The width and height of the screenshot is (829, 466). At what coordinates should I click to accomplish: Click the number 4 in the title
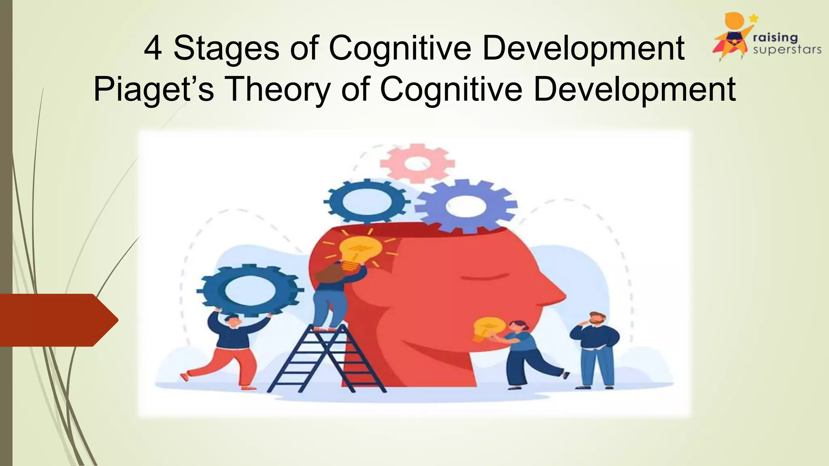153,49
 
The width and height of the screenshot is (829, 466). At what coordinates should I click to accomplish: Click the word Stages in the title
226,49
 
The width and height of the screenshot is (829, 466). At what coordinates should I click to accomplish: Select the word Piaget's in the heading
153,90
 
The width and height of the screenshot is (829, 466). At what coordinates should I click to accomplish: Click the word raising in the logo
775,38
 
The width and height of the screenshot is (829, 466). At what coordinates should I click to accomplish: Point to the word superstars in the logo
787,50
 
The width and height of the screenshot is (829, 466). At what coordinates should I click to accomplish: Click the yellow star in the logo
754,18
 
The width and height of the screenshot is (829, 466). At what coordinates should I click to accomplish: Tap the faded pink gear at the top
417,164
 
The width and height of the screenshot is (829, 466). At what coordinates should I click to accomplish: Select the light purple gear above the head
466,206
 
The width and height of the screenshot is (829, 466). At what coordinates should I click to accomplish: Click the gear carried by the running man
250,290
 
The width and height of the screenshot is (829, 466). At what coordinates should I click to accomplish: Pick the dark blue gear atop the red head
367,201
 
